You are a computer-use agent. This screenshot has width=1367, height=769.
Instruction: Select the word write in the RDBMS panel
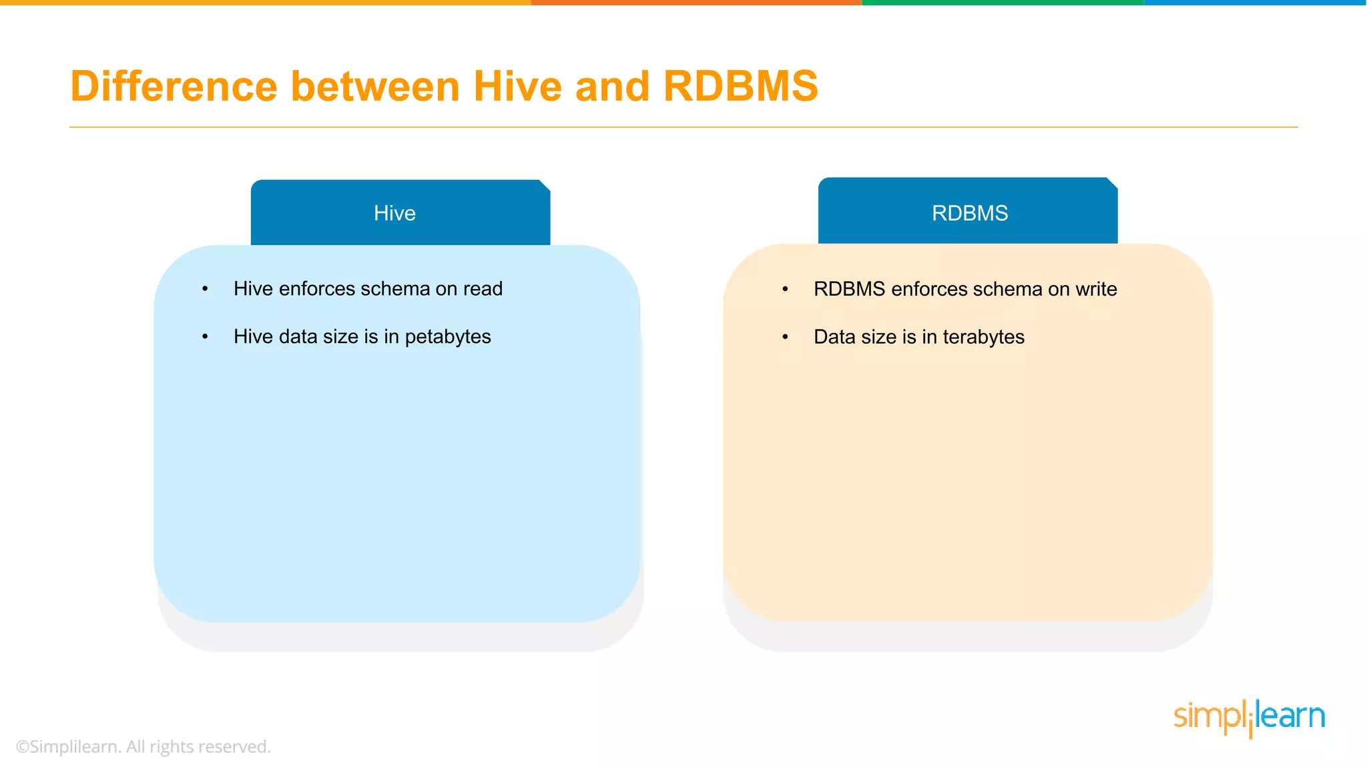[x=1096, y=289]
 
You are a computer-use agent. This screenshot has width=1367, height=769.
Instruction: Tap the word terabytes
[x=983, y=337]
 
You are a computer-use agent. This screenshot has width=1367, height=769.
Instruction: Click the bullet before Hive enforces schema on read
[x=205, y=289]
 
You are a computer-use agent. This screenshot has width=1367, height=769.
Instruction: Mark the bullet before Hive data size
[x=205, y=337]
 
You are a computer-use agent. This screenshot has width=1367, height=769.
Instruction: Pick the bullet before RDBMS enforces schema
[x=785, y=289]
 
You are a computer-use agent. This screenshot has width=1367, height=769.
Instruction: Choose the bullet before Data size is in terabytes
[x=785, y=337]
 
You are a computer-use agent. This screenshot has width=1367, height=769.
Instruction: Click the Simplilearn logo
[x=1249, y=718]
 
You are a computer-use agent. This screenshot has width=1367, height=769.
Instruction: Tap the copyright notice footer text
[x=143, y=746]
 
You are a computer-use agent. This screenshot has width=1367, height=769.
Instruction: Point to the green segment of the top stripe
[x=1001, y=3]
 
